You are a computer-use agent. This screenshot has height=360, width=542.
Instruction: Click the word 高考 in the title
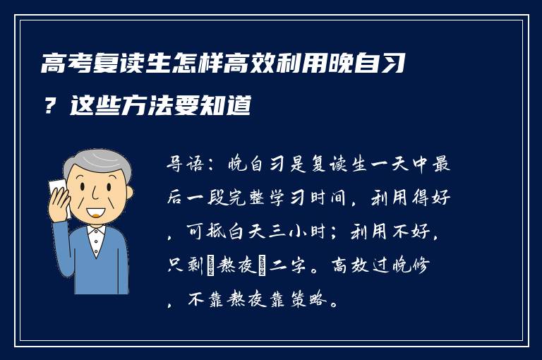(59, 68)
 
